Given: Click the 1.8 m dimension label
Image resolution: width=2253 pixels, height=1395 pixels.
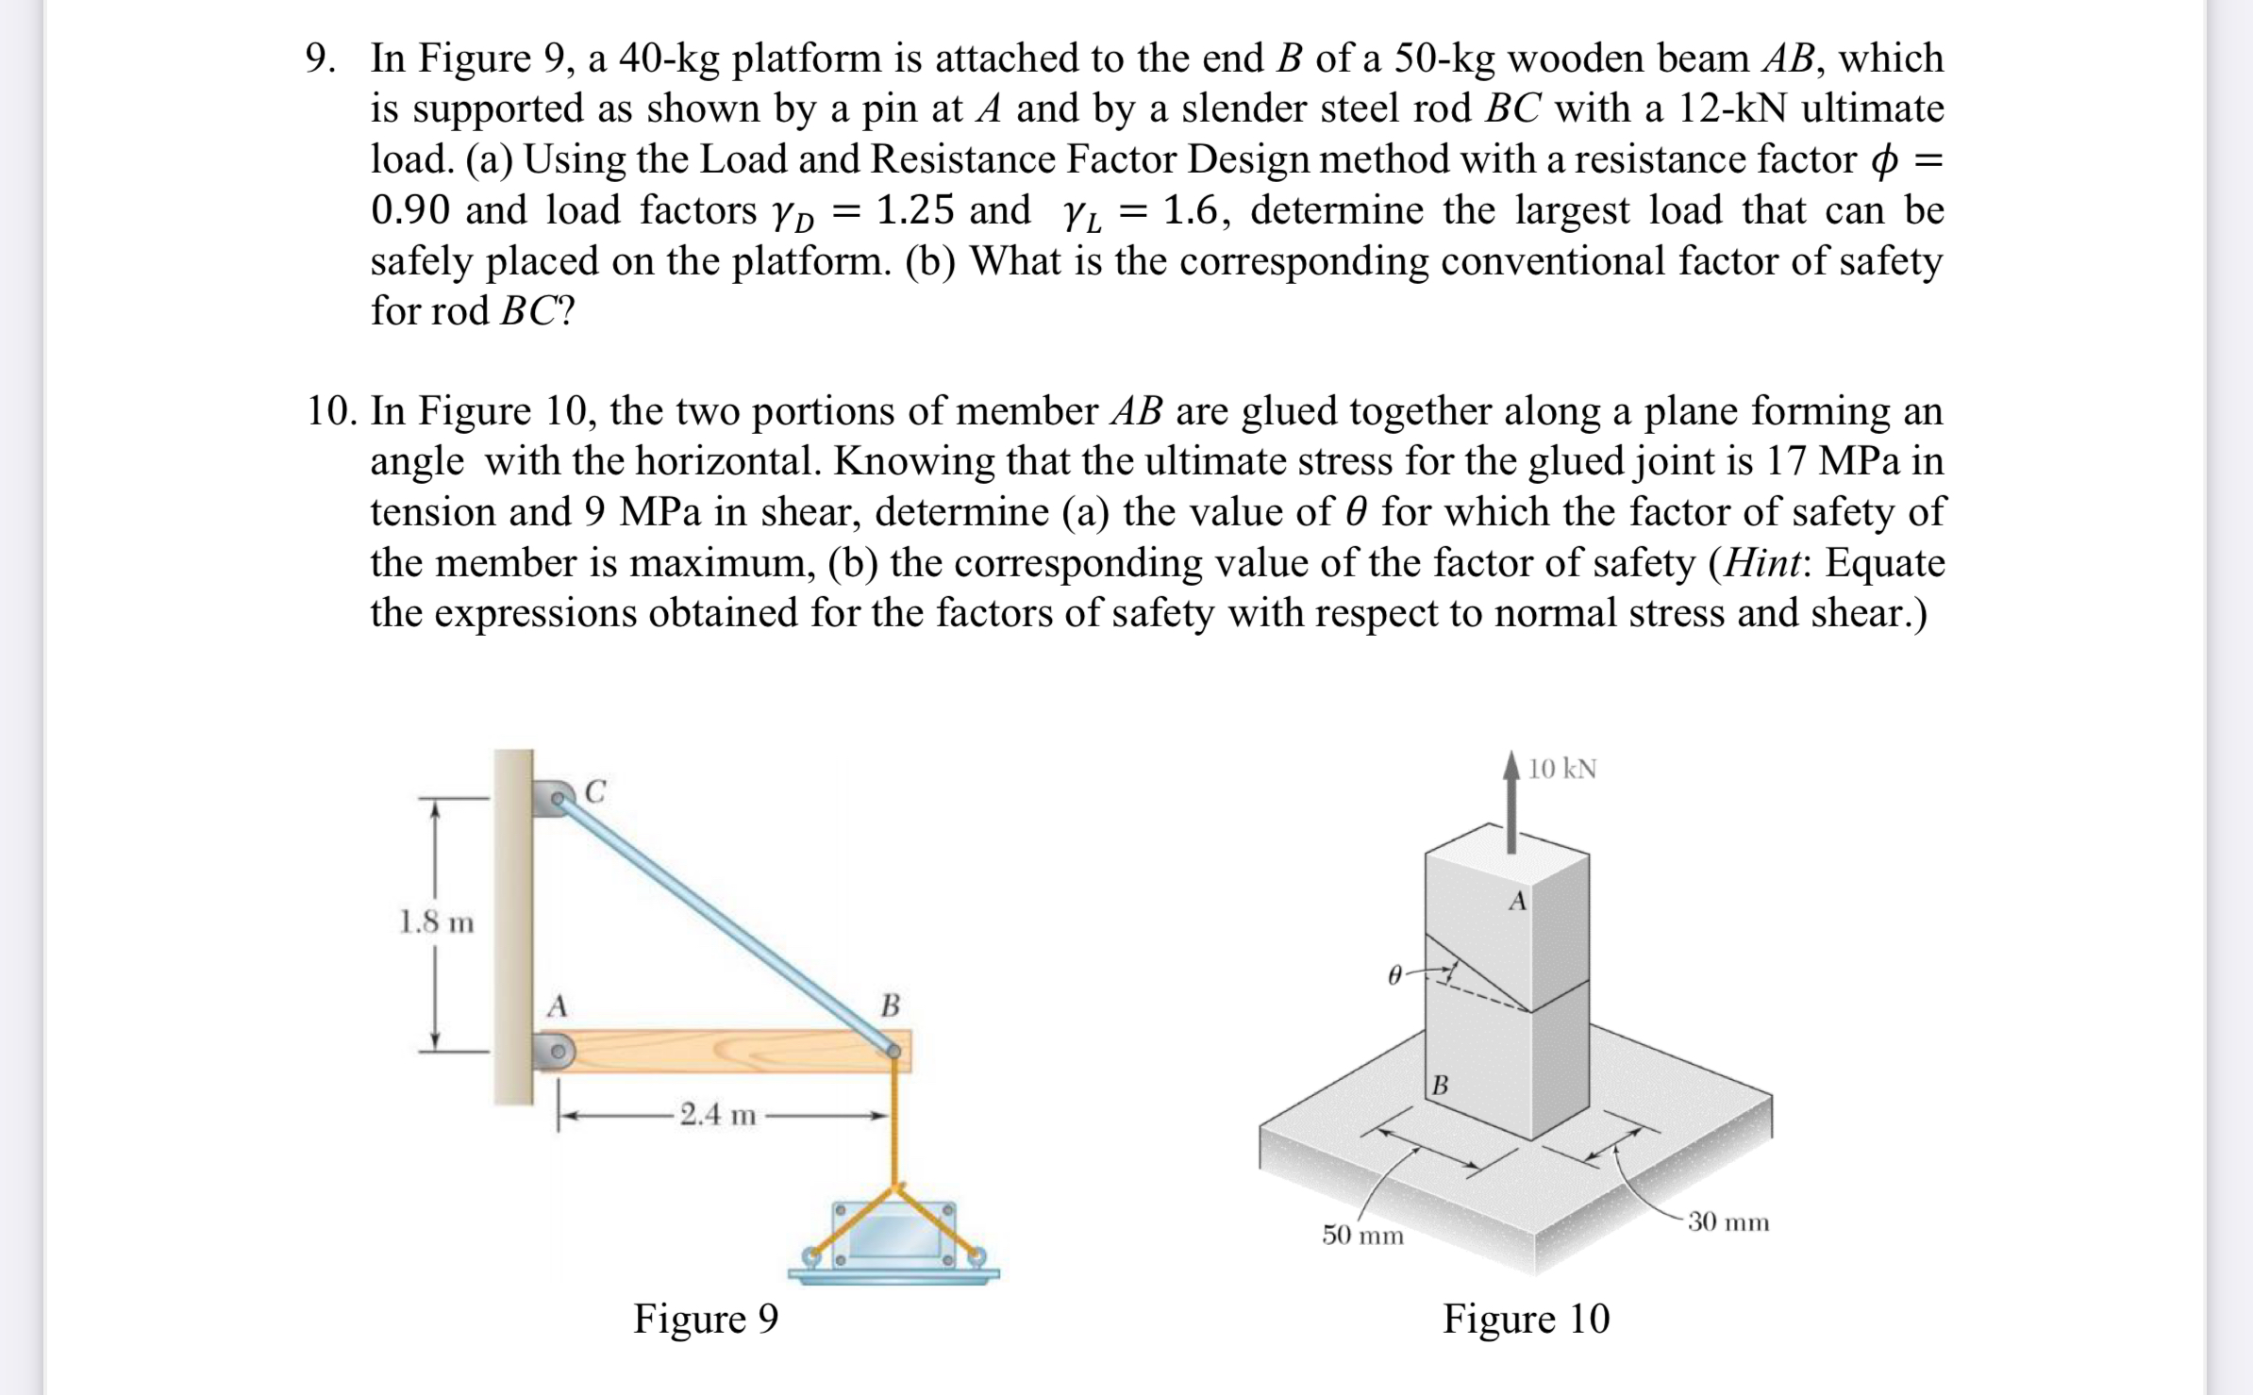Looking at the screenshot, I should [436, 922].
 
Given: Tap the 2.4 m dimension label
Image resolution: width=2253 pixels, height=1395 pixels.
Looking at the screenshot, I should [718, 1115].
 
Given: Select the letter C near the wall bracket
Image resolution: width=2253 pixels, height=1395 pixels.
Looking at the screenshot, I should [595, 790].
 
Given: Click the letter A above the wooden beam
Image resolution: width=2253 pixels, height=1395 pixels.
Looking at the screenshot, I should [558, 1006].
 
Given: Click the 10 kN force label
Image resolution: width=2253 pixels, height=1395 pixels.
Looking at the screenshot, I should [1562, 769].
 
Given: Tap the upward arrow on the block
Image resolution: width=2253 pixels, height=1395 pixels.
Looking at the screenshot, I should [1512, 803].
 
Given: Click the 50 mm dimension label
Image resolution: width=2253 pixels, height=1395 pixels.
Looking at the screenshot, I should [1362, 1235].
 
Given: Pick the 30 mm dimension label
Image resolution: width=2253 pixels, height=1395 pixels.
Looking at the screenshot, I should [1728, 1222].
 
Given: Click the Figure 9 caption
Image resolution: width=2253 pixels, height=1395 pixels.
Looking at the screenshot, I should [706, 1318].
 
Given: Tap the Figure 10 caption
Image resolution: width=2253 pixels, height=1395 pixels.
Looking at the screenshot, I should [1526, 1318].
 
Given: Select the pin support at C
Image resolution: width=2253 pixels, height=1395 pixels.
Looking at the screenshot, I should [556, 798].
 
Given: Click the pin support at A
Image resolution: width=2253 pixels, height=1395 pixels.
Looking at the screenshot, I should [556, 1050].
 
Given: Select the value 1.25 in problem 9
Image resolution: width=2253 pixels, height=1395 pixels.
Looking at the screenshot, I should [915, 209].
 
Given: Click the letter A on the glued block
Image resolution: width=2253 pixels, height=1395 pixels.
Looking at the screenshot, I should [1517, 902].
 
